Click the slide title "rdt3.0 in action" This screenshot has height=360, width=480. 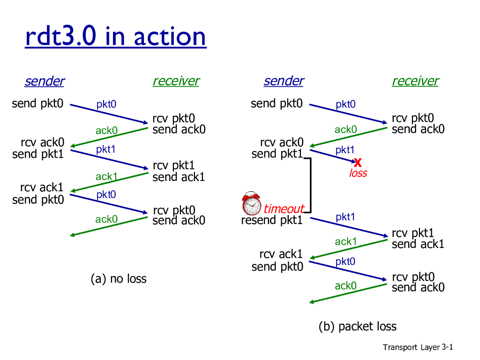115,37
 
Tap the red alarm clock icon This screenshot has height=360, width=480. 252,203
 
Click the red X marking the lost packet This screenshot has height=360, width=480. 358,163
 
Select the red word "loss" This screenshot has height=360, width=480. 358,173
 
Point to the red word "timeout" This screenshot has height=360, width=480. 284,209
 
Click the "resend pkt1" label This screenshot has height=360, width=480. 272,220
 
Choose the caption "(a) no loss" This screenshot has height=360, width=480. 119,279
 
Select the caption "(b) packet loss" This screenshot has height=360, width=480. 358,326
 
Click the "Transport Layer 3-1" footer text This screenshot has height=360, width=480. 418,347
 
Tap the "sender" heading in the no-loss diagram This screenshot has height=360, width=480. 45,81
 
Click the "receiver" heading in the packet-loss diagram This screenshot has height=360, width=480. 415,81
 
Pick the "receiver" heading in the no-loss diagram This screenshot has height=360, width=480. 176,81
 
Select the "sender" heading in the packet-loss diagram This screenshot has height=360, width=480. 284,81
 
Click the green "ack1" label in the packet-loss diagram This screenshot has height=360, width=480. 346,241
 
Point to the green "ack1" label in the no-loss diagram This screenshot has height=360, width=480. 106,177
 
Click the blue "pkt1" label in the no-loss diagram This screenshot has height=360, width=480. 106,150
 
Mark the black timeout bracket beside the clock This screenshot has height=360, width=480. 310,185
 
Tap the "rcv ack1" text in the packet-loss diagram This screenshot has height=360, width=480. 281,255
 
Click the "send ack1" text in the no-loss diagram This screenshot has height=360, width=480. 179,177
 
